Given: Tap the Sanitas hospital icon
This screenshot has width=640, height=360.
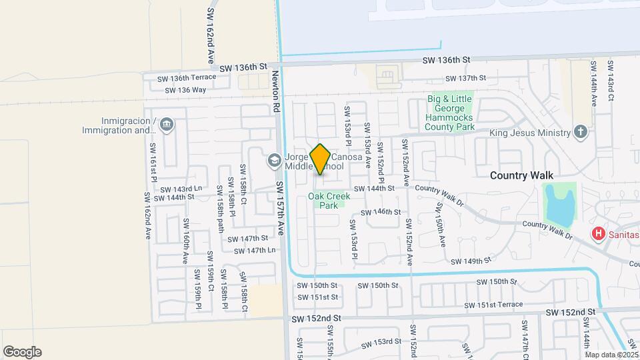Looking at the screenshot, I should pos(599,234).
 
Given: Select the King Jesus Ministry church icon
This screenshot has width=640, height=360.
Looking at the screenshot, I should pos(581,132).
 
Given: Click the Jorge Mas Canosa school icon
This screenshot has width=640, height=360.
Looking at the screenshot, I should pos(274,160).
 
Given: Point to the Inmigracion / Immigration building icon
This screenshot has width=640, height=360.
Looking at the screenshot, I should pos(167,124).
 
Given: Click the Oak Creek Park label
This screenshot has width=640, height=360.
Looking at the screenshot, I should pos(329,201).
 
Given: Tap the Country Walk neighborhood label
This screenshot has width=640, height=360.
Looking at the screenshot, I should pos(521,175).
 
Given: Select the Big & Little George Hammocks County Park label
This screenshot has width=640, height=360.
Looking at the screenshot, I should pos(450,112).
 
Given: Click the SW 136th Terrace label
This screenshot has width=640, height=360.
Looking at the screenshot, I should pos(187,77).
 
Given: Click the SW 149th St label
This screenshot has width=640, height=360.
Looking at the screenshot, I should pos(471,261).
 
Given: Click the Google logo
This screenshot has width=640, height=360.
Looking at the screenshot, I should pos(22,352).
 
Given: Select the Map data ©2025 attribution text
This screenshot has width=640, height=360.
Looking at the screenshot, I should pos(609,355).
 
